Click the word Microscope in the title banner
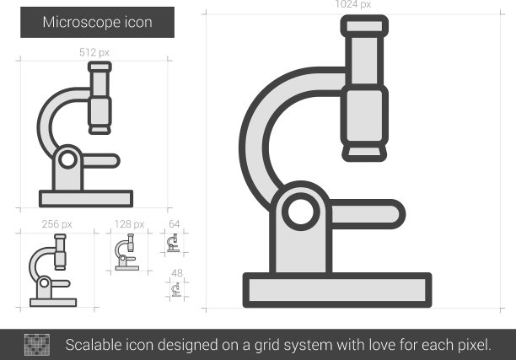coord(82,23)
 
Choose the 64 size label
coord(174,224)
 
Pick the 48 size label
coord(177,273)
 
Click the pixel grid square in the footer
coord(37,345)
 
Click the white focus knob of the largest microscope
coord(301,212)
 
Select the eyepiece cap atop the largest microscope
coord(364,26)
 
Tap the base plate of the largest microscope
coord(337,290)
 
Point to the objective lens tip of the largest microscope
coord(364,153)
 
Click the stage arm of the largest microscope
coord(367,214)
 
